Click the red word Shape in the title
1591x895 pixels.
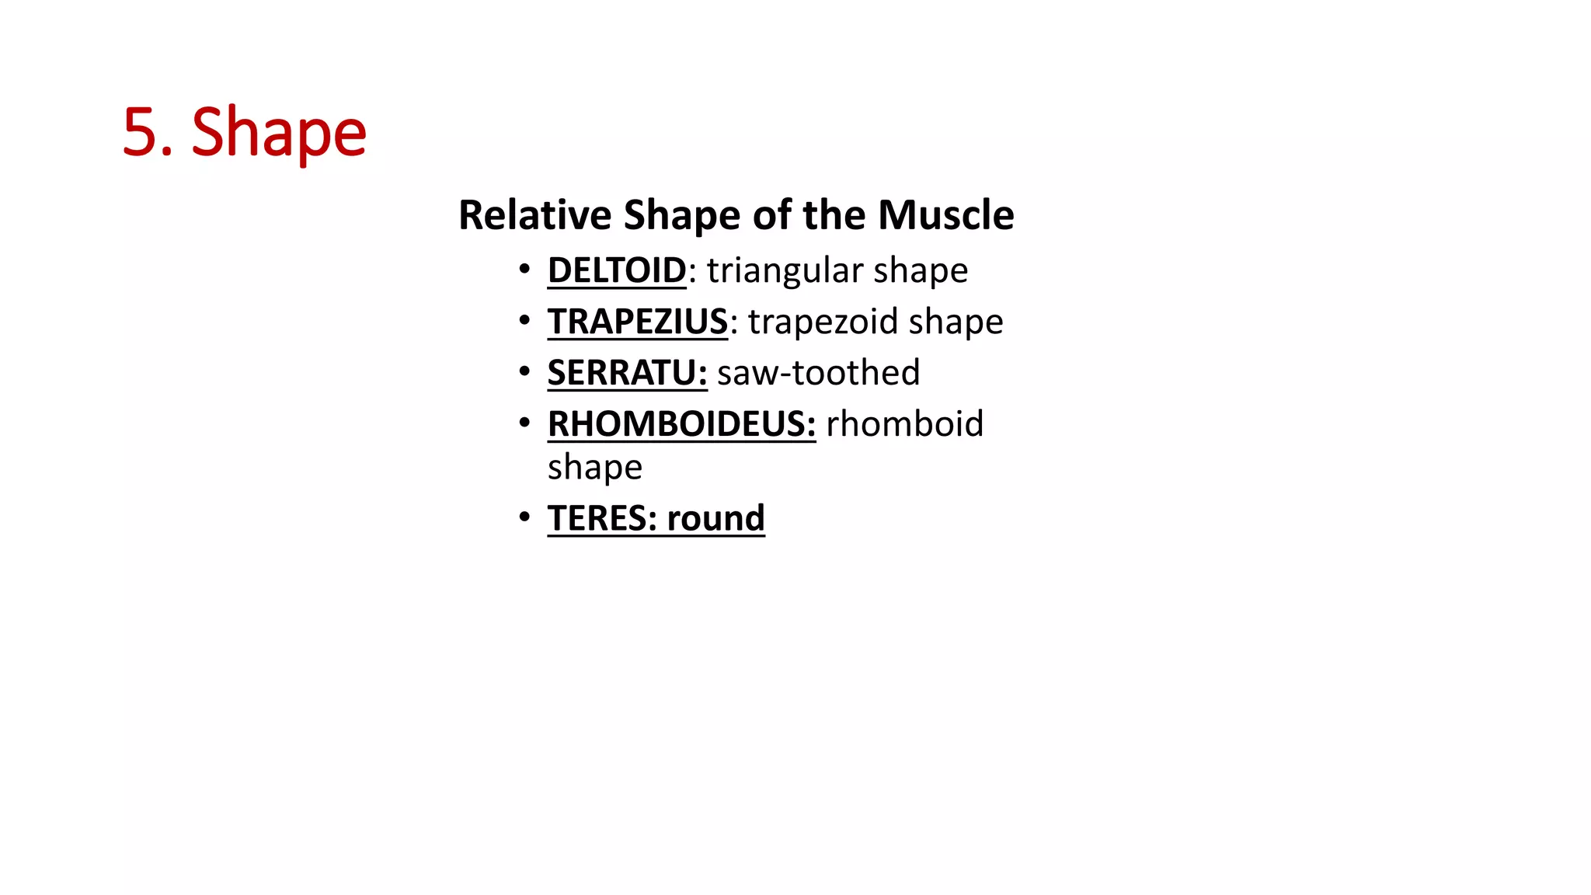279,134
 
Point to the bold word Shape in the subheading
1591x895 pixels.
681,216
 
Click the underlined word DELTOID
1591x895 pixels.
617,270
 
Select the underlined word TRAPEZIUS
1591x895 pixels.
637,322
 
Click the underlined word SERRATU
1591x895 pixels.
625,373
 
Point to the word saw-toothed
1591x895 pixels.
818,373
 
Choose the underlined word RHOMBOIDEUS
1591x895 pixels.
681,424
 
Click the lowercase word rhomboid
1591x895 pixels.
904,424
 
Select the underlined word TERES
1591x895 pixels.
601,518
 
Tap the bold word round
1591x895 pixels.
715,518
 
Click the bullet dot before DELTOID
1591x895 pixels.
525,270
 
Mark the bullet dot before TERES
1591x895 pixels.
525,517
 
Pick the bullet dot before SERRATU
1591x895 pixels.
525,372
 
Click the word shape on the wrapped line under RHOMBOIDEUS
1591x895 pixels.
594,468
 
